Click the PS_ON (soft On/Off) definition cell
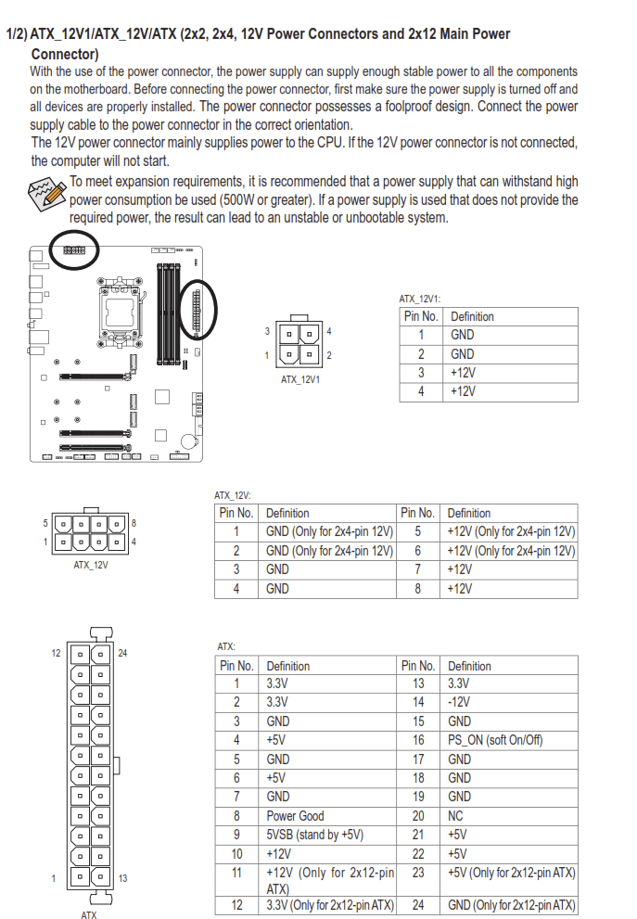coord(495,740)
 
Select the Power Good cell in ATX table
coord(295,816)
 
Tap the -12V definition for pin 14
coord(459,702)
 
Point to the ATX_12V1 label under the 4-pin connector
coord(299,378)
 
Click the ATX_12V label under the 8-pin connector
coord(91,564)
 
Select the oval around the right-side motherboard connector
coord(197,309)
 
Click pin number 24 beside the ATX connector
coord(122,653)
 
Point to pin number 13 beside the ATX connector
coord(122,878)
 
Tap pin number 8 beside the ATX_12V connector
coord(134,524)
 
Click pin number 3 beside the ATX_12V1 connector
coord(267,331)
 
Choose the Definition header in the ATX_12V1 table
coord(472,316)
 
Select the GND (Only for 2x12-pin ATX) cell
coord(511,905)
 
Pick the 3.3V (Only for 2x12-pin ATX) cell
coord(329,905)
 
